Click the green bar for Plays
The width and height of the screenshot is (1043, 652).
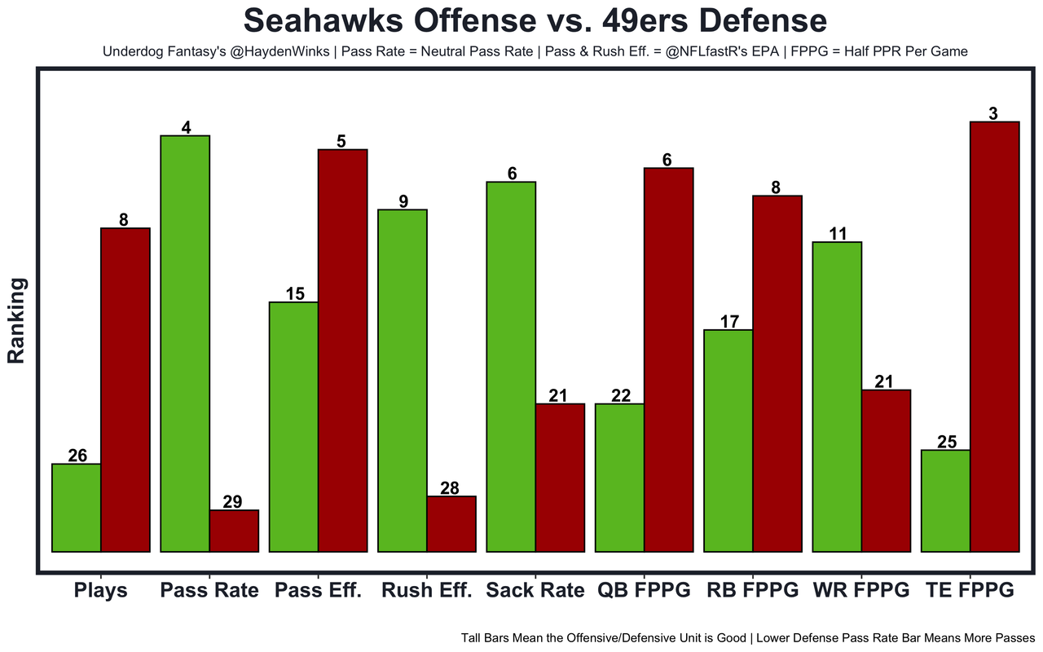pos(77,508)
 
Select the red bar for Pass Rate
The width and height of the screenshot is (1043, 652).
pos(234,531)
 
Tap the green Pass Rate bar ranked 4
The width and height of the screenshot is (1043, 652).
pos(185,343)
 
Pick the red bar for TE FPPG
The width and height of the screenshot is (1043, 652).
pos(994,337)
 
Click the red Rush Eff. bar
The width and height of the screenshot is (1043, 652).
pos(451,524)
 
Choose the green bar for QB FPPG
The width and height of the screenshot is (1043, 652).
pos(619,478)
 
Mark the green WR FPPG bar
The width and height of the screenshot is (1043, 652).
pos(837,397)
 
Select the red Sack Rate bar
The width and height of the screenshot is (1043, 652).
pos(560,478)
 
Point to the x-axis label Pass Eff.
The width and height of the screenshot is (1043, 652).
pos(318,591)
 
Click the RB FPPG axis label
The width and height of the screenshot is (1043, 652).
pos(752,591)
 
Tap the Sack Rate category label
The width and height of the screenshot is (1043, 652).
pos(535,591)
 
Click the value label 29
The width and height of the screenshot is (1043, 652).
pos(232,502)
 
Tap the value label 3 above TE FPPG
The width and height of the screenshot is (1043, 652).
pos(993,114)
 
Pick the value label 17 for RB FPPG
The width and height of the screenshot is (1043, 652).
pos(729,322)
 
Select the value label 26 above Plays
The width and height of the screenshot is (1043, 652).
pos(77,456)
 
